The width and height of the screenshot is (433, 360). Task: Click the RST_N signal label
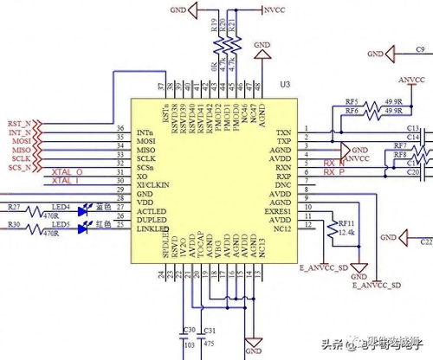pos(19,124)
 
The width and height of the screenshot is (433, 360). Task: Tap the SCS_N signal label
pos(20,168)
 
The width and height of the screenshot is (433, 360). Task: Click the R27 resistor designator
pos(14,207)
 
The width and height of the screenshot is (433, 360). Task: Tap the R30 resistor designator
pos(14,225)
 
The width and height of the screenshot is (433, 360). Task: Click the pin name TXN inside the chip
pos(282,132)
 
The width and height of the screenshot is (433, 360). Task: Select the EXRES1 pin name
pos(277,209)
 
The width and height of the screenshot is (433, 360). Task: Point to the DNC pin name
pos(282,185)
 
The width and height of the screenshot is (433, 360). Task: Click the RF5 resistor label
pos(352,102)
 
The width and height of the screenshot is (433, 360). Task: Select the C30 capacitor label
pos(188,329)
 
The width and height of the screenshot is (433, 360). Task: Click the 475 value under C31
pos(208,343)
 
